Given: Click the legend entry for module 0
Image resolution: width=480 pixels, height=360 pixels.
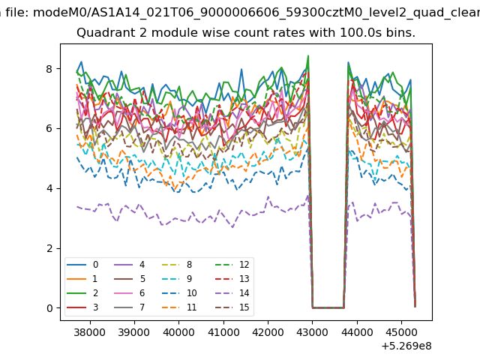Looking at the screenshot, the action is [82, 265].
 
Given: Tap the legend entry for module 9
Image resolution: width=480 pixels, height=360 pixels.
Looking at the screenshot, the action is [177, 278].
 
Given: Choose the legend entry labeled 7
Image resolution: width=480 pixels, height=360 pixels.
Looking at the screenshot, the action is [130, 307].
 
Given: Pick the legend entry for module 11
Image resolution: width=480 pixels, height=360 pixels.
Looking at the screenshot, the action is [179, 307].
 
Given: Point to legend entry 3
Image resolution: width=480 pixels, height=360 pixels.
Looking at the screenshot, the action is [82, 307].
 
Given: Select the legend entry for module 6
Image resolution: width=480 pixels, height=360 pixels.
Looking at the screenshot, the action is [130, 293].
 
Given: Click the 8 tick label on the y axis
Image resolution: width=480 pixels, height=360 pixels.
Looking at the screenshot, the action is [49, 69].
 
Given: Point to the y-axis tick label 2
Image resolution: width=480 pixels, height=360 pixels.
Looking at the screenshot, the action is [49, 248].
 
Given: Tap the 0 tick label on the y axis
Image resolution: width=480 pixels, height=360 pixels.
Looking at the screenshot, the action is [49, 308].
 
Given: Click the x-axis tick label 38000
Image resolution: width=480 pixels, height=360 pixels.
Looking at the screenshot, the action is [90, 332].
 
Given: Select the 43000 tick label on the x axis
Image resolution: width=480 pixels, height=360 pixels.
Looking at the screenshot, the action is [312, 332].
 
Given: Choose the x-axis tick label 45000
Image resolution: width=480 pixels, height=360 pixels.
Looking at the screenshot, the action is [401, 332].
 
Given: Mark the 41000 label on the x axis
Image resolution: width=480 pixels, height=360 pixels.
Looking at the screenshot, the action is [223, 332].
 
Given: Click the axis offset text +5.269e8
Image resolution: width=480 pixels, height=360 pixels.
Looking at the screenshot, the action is [406, 346].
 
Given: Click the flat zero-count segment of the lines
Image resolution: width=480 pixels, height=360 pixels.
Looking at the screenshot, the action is [328, 307].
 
